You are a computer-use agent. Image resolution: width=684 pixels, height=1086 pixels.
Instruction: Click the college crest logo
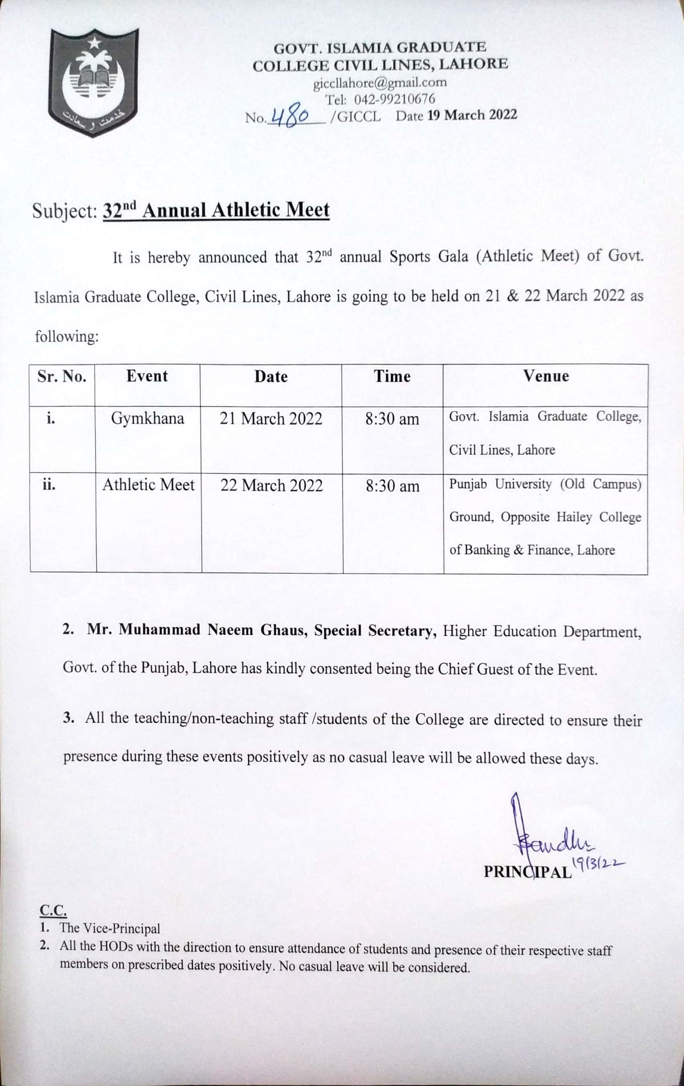coord(94,82)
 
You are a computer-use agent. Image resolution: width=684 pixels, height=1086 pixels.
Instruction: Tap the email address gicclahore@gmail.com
coord(380,83)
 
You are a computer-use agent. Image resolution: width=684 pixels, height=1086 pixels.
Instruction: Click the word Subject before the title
coord(64,211)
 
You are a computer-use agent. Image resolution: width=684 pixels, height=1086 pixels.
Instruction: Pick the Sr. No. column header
coord(62,376)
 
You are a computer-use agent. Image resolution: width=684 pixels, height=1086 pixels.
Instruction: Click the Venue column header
coord(545,376)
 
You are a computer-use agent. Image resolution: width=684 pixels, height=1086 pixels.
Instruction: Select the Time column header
coord(392,376)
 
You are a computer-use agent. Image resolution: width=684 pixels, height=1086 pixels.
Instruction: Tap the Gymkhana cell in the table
coord(148,418)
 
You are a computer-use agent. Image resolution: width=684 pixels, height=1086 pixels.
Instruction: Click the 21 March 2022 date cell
coord(271,418)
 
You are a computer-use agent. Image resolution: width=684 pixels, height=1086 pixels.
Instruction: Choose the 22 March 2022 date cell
coord(271,485)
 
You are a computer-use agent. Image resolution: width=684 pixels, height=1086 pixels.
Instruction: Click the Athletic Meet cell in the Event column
coord(148,485)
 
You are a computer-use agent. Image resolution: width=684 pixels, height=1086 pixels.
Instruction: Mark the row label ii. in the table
coord(49,485)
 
